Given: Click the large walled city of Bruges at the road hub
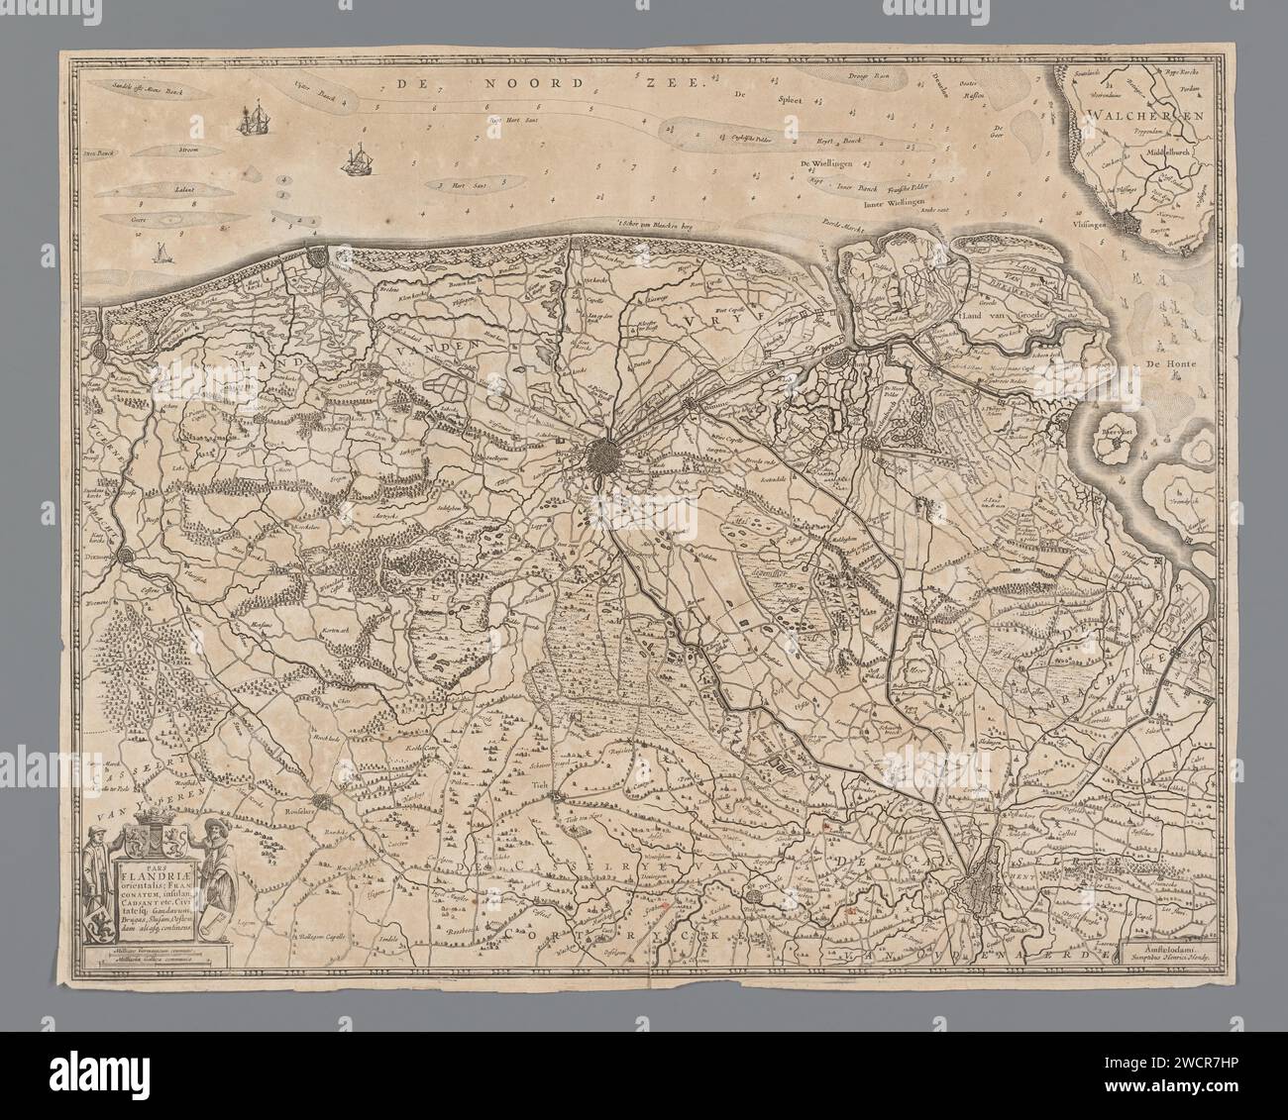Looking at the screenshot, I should coord(605,458).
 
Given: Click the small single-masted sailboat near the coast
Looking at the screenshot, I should coord(159,255).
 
